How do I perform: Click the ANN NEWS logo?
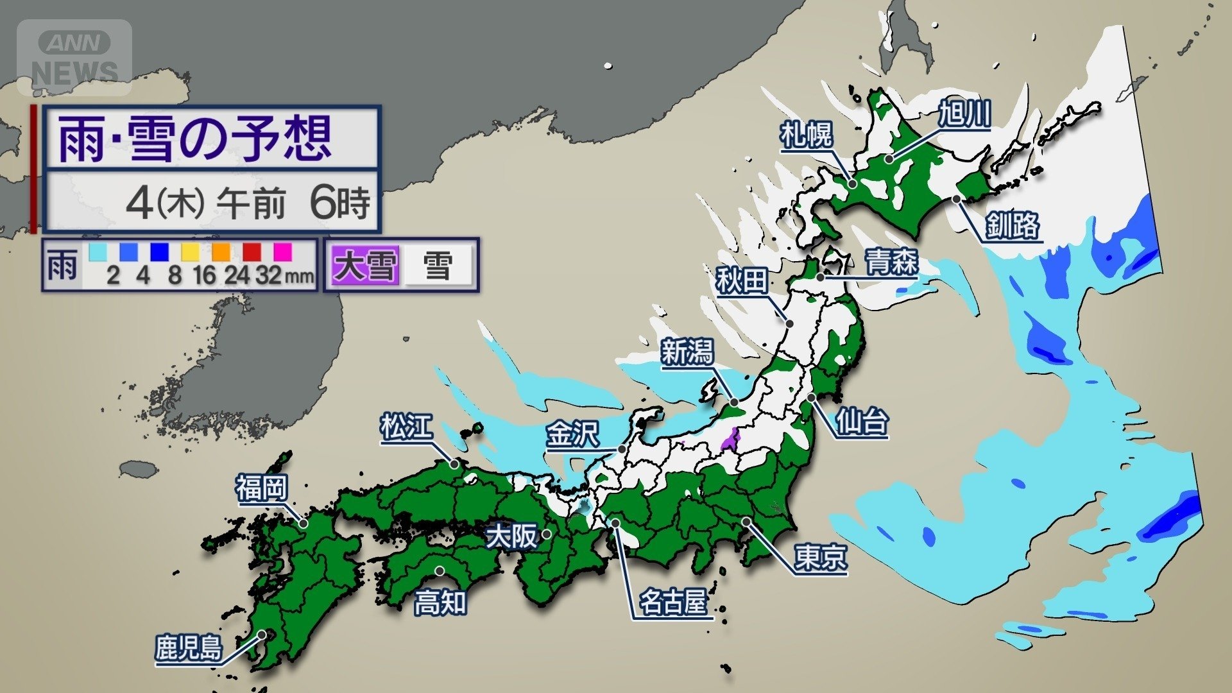(74, 56)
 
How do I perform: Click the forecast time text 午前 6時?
(295, 203)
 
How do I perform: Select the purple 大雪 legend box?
(364, 265)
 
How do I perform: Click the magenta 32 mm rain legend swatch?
(283, 251)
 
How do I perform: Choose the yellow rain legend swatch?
(190, 251)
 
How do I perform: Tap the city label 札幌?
(806, 135)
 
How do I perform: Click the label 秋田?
(742, 281)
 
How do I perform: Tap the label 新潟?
(687, 352)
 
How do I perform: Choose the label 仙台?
(862, 422)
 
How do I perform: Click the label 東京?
(820, 557)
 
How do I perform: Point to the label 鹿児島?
(189, 648)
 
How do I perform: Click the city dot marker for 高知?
(440, 570)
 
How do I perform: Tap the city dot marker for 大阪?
(547, 534)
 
